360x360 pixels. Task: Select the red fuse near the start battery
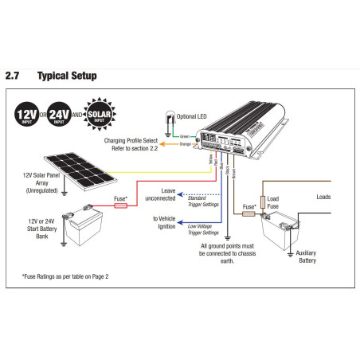[x=122, y=205]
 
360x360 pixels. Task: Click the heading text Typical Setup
[x=67, y=76]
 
